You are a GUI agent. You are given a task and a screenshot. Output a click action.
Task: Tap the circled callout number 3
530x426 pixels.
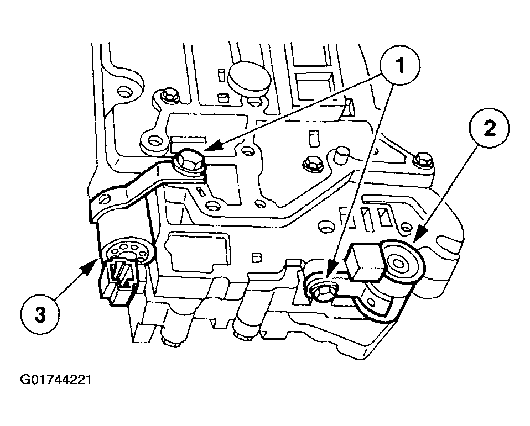40,314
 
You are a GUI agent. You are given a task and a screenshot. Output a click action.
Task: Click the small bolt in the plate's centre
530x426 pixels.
310,163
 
